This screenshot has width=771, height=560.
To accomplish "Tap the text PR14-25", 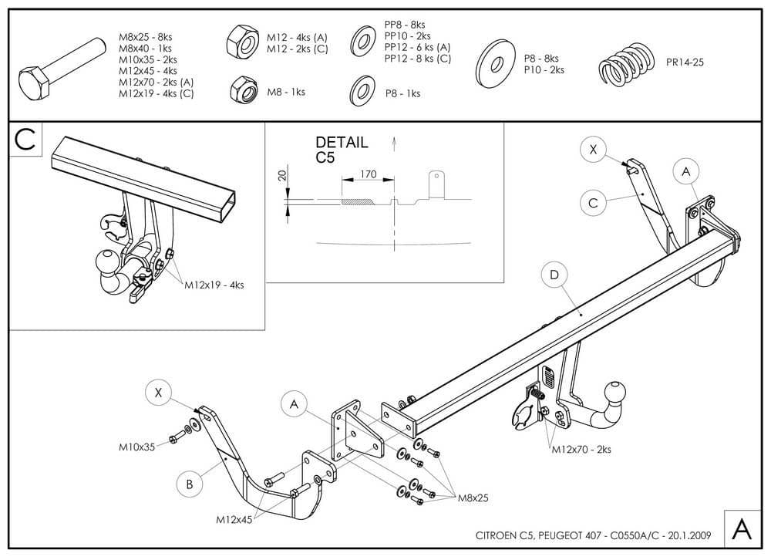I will coord(685,61).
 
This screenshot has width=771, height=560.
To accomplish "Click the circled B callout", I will coord(189,484).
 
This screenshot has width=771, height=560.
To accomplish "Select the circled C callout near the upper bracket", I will coord(593,202).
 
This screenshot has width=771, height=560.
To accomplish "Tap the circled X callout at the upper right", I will coord(593,150).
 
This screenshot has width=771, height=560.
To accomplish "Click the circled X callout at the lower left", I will coord(159,393).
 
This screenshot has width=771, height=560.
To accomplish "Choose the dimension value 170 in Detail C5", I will coord(368,174).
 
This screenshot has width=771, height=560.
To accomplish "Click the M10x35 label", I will coord(137,445).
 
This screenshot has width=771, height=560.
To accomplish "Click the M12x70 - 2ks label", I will coord(581,448).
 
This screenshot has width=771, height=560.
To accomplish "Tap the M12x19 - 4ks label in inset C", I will coord(214,285).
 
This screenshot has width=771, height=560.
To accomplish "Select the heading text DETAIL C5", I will coord(342,150).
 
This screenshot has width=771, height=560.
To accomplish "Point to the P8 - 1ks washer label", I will coord(402,93).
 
